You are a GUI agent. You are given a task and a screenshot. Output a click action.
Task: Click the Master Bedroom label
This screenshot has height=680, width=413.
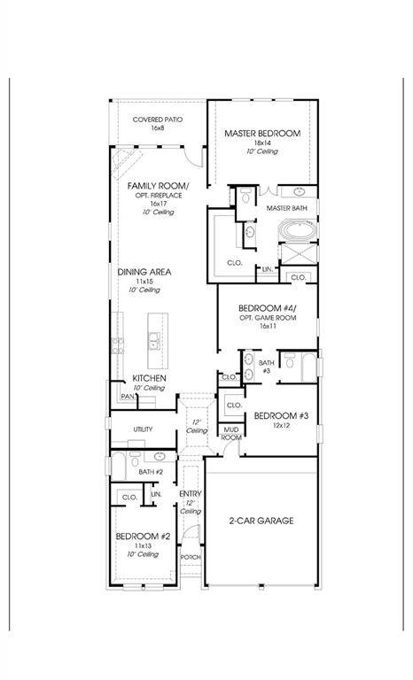click(x=262, y=133)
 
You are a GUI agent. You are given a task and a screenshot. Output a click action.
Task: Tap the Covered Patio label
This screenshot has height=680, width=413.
click(x=158, y=120)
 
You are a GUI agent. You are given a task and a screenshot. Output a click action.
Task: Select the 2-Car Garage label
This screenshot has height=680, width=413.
click(x=261, y=521)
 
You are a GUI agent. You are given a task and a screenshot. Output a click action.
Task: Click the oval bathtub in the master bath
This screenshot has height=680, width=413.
click(x=299, y=230)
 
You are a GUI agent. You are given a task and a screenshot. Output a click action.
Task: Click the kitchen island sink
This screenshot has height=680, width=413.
click(x=153, y=341)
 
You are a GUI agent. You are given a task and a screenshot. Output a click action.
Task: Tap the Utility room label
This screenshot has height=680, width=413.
click(x=143, y=429)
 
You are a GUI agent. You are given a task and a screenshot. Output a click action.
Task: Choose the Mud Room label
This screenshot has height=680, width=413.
click(x=231, y=434)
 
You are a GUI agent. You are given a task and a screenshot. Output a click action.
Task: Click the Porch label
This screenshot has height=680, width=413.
click(x=191, y=557)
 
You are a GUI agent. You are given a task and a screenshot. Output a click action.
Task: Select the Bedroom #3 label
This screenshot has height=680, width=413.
click(x=281, y=416)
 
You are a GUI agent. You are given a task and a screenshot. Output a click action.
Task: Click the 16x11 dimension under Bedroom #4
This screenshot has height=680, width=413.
click(x=268, y=326)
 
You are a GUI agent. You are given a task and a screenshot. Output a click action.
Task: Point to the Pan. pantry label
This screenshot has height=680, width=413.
click(x=129, y=397)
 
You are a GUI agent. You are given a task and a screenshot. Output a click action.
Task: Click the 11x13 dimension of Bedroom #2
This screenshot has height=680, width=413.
click(x=143, y=545)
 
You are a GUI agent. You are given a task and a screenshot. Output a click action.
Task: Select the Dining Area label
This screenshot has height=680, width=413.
click(x=144, y=272)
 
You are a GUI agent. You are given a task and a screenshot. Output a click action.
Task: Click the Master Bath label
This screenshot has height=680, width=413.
click(x=286, y=208)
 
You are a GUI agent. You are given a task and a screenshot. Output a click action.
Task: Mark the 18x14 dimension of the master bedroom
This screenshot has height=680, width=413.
click(x=262, y=143)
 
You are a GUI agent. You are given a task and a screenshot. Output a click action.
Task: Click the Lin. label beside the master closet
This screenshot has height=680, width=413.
click(x=268, y=269)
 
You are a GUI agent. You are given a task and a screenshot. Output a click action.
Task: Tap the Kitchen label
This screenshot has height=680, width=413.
click(x=149, y=378)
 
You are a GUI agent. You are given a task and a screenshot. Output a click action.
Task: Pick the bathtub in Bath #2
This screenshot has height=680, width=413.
click(x=119, y=467)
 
